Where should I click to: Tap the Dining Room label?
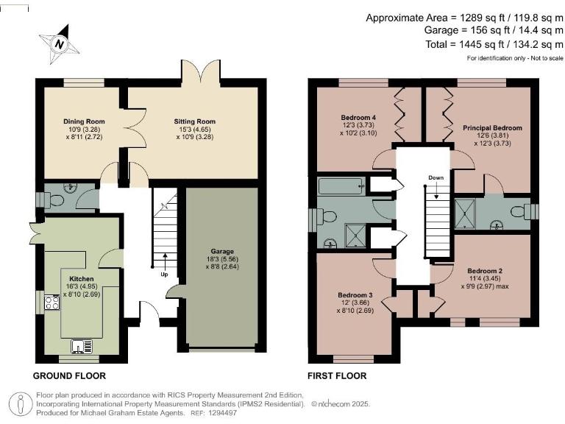pos(84,121)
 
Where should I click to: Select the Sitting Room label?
pos(195,121)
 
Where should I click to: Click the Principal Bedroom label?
pos(492,128)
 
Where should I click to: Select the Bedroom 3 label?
pos(355,295)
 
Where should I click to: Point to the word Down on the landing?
pos(436,178)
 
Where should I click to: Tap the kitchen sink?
pos(79,345)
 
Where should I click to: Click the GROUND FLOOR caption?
pos(69,376)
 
